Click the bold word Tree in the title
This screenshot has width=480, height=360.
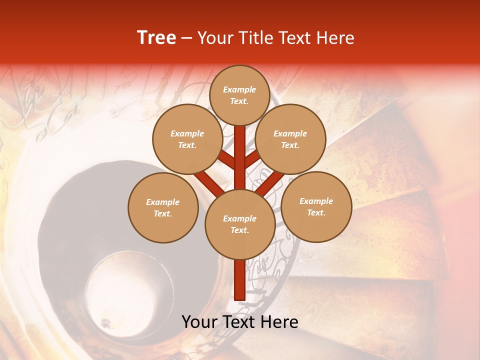click(x=156, y=38)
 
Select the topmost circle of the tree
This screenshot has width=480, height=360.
click(x=239, y=95)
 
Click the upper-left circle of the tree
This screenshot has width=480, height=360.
click(x=187, y=139)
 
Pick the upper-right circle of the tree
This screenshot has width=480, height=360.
click(x=290, y=139)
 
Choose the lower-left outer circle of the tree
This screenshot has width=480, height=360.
click(x=163, y=207)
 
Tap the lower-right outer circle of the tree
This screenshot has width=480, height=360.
click(x=316, y=206)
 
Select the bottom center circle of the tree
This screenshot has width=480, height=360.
click(x=239, y=224)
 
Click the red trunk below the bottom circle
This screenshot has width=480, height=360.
click(x=239, y=280)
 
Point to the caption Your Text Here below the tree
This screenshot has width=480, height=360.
click(x=239, y=322)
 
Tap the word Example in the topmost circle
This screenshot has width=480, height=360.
click(x=239, y=90)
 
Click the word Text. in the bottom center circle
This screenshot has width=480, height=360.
click(x=239, y=230)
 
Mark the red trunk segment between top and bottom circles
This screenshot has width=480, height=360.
click(x=239, y=157)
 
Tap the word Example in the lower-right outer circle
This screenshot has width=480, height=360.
click(x=316, y=201)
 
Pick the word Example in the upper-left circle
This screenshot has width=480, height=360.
click(x=187, y=133)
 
